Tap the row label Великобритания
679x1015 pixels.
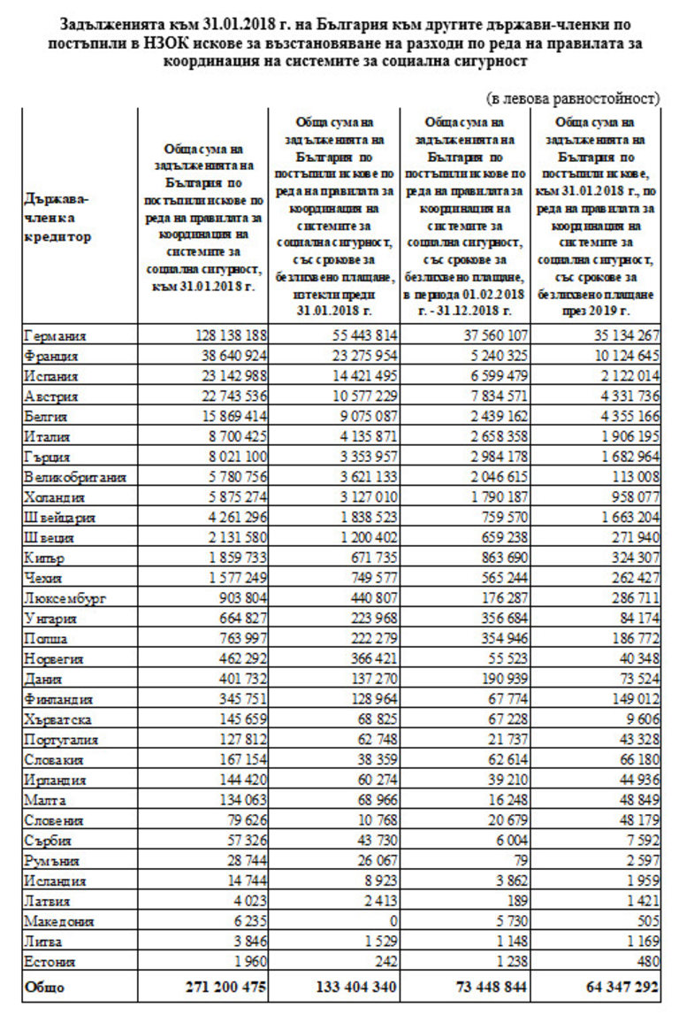click(x=75, y=478)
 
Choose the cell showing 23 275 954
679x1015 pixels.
click(x=358, y=357)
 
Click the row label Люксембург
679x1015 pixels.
click(x=65, y=599)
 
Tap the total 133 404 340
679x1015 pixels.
click(x=345, y=987)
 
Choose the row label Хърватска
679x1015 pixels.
click(x=59, y=719)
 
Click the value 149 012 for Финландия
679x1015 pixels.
click(x=632, y=700)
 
